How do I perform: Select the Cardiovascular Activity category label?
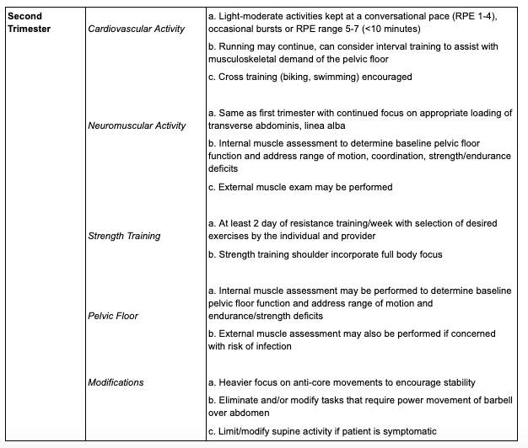point(136,29)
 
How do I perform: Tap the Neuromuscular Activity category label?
point(137,125)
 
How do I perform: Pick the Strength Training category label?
point(124,236)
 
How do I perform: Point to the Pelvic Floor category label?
point(113,316)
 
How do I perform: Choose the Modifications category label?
point(116,382)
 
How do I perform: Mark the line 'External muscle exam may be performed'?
point(299,186)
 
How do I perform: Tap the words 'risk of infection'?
point(267,345)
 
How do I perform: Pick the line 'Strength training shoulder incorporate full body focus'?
point(324,253)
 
